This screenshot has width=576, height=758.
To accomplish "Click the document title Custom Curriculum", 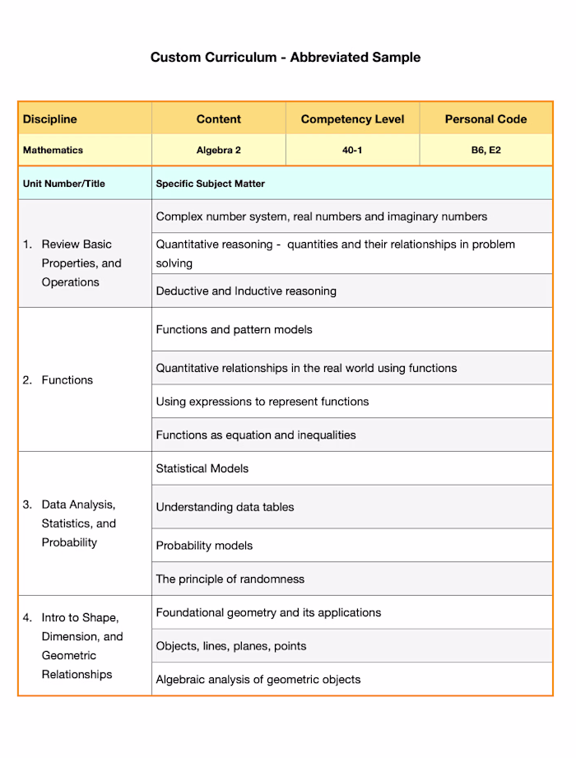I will pos(285,58).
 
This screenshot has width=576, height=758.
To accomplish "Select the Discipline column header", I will pos(49,119).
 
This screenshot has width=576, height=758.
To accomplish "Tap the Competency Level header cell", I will pos(352,119).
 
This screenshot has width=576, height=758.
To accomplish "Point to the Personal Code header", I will pos(485,119).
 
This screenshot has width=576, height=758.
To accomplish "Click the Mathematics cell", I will pos(53,151).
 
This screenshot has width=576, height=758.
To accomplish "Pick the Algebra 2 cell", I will pos(218,151).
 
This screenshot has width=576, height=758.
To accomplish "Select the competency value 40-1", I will pos(352,151).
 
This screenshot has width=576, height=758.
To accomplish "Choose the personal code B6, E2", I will pos(485,151).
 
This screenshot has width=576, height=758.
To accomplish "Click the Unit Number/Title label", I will pos(63,184).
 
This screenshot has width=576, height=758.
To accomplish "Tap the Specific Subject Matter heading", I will pos(210,184).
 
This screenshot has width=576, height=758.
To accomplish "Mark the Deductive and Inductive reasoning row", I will pos(246,291).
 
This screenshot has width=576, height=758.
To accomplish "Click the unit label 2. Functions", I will pos(58,380).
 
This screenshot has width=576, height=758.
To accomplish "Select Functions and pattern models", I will pos(234,330).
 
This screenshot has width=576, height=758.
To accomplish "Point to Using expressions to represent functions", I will pos(262,402).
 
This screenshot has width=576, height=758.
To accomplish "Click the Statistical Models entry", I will pos(202,468).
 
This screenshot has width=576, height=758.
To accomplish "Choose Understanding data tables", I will pos(225,507).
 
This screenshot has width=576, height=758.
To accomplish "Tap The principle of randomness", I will pos(230,579).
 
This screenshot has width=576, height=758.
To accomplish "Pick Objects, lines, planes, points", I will pos(231,646).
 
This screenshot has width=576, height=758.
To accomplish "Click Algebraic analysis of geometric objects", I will pos(258,680).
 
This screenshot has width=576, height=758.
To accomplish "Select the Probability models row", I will pos(204,546).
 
